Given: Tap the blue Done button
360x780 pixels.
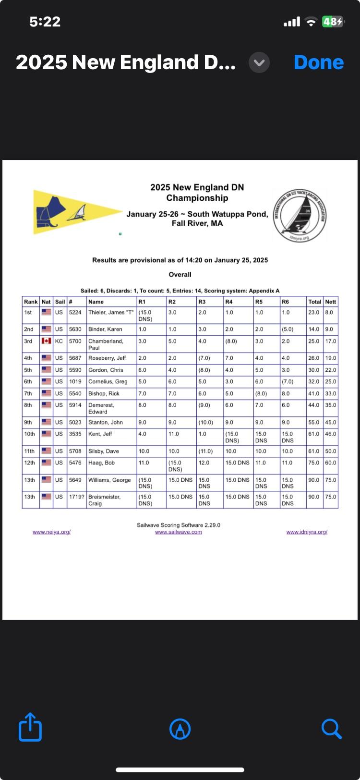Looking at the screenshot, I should [318, 62].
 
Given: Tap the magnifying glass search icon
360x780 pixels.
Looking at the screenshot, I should [331, 729].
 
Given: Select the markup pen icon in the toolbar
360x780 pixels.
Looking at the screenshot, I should [180, 729].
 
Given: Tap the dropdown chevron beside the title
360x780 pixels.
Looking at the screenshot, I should [259, 62].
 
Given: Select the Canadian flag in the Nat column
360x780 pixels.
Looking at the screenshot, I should [46, 341].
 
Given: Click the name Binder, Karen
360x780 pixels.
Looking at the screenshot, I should [105, 329].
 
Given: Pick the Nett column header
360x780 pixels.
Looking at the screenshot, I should [330, 302].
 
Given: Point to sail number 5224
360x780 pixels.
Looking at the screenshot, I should [75, 312].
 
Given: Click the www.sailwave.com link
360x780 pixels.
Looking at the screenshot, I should [179, 532].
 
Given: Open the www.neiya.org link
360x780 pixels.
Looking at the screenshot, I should [52, 532].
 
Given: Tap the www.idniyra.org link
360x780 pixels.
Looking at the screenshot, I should [307, 532].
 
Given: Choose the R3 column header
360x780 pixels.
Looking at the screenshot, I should [202, 302].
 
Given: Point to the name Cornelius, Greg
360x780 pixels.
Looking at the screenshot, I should [108, 381].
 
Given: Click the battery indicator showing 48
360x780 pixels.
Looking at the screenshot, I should [333, 22].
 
